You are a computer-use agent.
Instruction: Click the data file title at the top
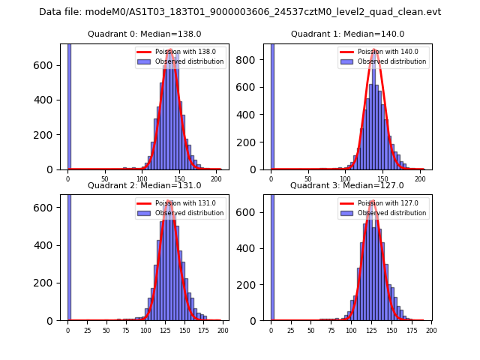(x=240, y=12)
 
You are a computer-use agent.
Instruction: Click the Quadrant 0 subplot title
(x=144, y=34)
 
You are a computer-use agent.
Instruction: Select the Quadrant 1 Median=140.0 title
(x=347, y=34)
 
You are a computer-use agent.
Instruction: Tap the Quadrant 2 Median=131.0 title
(x=144, y=185)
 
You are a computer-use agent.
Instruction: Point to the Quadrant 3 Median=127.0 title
(x=347, y=185)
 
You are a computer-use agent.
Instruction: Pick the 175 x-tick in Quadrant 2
(x=203, y=330)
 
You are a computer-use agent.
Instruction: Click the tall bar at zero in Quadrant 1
(x=272, y=105)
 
